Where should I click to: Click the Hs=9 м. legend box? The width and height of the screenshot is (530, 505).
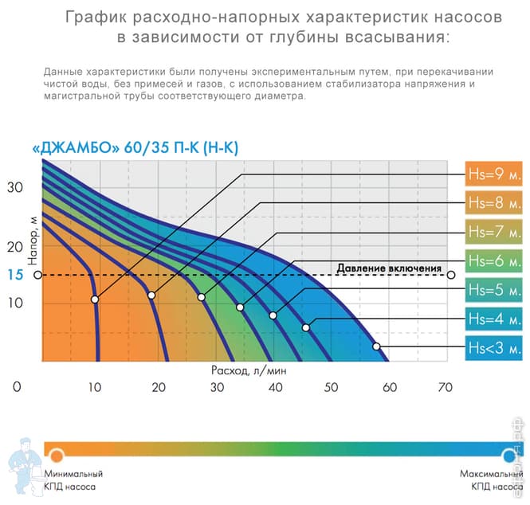pyautogui.click(x=494, y=173)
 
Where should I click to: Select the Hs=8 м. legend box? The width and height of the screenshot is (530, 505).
pyautogui.click(x=494, y=202)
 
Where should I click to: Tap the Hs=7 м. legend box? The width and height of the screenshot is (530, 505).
pyautogui.click(x=494, y=232)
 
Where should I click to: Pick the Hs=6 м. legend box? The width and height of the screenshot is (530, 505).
pyautogui.click(x=494, y=260)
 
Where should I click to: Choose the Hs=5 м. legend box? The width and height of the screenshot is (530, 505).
pyautogui.click(x=494, y=289)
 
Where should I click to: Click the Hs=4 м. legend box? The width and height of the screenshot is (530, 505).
pyautogui.click(x=494, y=319)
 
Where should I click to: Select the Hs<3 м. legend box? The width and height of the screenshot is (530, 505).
pyautogui.click(x=494, y=348)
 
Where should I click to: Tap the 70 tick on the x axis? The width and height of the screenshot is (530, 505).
pyautogui.click(x=445, y=388)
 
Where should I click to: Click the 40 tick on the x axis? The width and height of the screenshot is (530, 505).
pyautogui.click(x=275, y=388)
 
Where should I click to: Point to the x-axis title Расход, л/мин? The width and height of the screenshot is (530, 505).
pyautogui.click(x=249, y=370)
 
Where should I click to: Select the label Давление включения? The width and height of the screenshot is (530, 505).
pyautogui.click(x=388, y=268)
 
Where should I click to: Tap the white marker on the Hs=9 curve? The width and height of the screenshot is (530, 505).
pyautogui.click(x=95, y=299)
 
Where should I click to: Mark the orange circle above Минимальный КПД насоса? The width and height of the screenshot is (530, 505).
pyautogui.click(x=57, y=456)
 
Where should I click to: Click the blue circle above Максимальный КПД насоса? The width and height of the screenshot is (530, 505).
pyautogui.click(x=508, y=456)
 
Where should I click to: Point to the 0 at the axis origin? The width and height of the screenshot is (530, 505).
pyautogui.click(x=17, y=388)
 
